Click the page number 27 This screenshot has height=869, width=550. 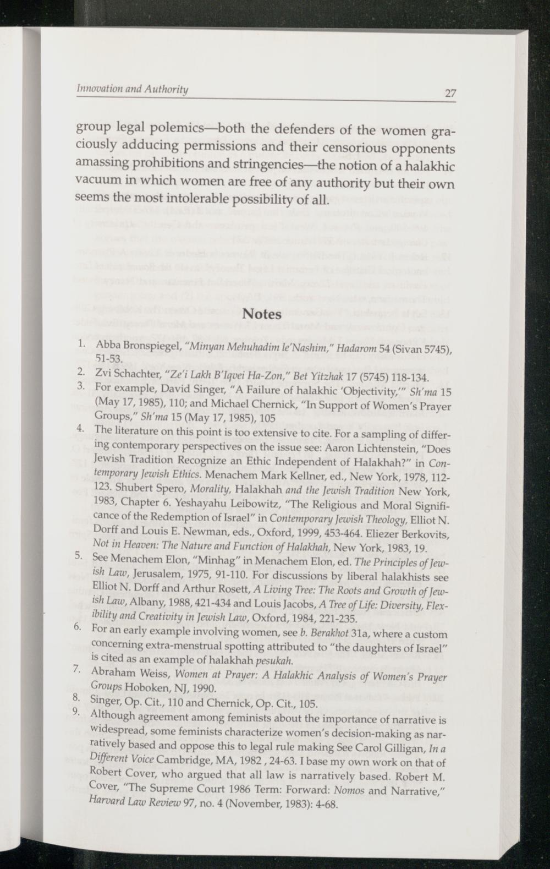450,93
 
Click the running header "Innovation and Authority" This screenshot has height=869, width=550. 132,89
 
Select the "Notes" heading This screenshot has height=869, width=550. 262,314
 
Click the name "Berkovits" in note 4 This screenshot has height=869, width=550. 424,533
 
